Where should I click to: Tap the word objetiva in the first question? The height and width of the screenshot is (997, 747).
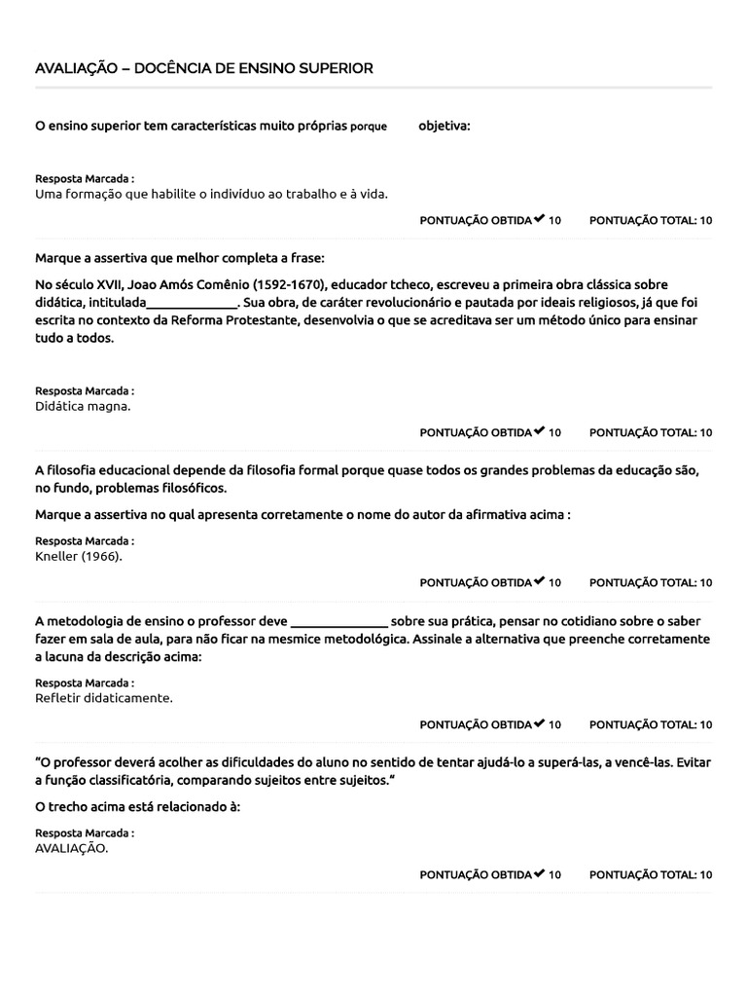coord(444,127)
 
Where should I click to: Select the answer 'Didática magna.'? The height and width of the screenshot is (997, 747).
coord(83,406)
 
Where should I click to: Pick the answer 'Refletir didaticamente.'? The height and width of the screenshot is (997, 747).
coord(104,698)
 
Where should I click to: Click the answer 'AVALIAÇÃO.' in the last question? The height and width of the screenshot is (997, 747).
coord(72,848)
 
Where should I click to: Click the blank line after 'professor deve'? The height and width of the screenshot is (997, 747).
coord(338,621)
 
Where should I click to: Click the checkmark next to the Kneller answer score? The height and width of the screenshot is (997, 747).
coord(539,582)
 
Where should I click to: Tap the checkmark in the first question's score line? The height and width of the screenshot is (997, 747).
coord(539,219)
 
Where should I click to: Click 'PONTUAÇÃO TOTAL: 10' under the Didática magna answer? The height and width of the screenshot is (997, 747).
coord(651,432)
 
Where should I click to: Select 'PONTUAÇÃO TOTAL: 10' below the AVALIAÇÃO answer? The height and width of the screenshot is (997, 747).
coord(651,874)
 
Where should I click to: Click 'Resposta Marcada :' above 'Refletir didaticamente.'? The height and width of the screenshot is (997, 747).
coord(85,683)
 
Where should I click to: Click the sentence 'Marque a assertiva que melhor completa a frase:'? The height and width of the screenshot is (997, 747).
coord(180,258)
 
